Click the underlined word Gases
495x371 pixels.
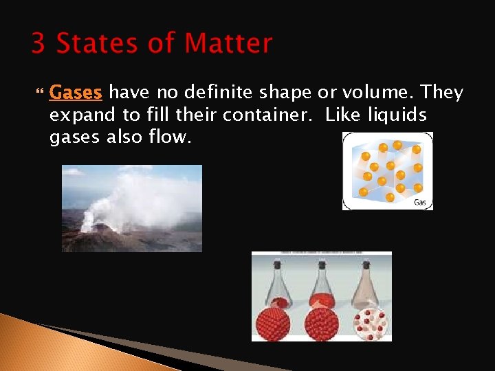[76, 92]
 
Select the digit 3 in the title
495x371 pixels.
[39, 44]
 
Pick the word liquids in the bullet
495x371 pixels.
[398, 115]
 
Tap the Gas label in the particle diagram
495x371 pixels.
[419, 202]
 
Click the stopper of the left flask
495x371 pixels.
[278, 264]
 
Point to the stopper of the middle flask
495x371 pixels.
[321, 264]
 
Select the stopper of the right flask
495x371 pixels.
[366, 264]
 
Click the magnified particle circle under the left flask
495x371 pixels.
[277, 322]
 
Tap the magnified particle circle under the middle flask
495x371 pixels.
[321, 322]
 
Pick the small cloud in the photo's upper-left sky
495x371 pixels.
[72, 171]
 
